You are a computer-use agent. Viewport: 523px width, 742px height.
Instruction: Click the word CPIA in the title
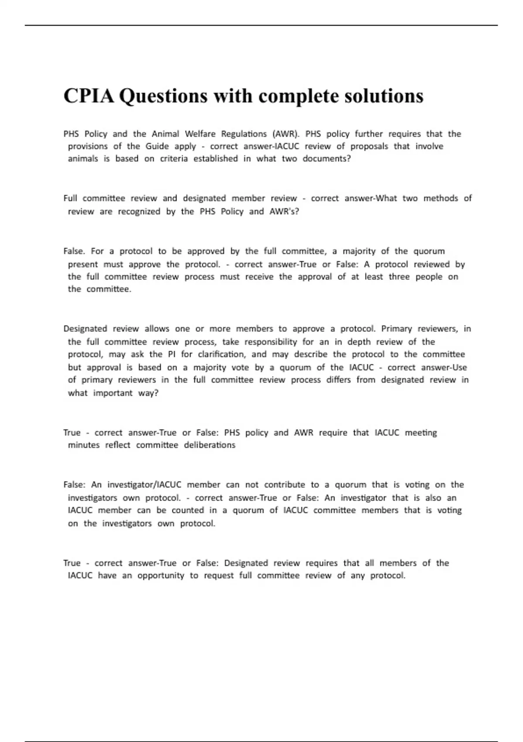[x=88, y=96]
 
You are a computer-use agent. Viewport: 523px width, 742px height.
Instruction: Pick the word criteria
[x=174, y=159]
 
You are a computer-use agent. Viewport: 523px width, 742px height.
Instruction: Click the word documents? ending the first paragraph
[x=326, y=159]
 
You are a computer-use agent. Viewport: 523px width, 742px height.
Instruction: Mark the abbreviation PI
[x=171, y=354]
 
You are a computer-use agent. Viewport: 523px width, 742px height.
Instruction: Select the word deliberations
[x=209, y=445]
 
